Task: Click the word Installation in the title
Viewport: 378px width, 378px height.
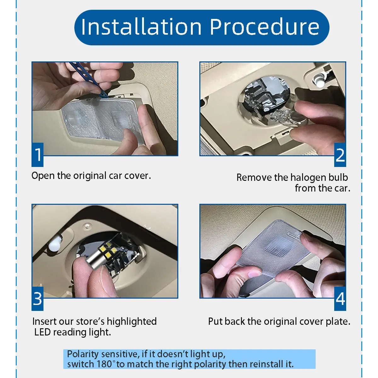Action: [141, 27]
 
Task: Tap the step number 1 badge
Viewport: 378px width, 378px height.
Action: [37, 155]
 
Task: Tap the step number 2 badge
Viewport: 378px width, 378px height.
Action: [340, 155]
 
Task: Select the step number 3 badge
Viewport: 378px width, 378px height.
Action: [37, 299]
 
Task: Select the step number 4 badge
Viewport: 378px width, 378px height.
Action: [340, 299]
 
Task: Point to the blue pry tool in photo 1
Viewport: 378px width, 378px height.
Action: [88, 79]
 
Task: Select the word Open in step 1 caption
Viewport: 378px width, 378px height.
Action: [43, 176]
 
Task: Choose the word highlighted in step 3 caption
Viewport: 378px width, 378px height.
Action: [132, 322]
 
